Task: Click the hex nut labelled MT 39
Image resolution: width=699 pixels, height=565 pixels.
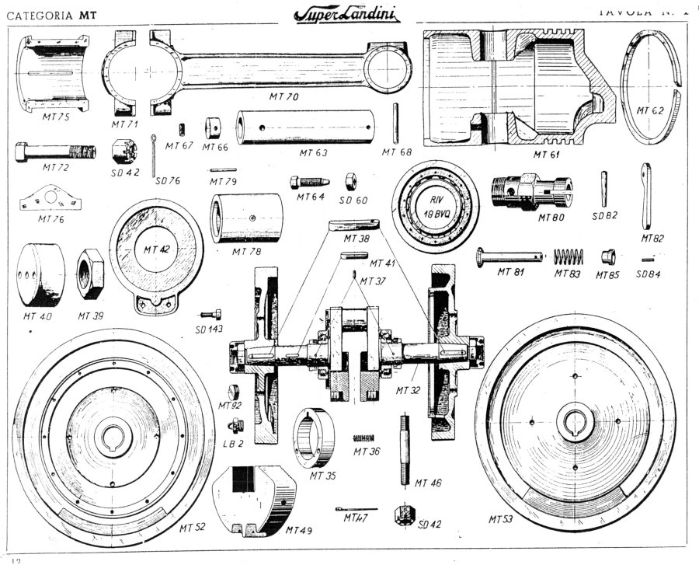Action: [90, 274]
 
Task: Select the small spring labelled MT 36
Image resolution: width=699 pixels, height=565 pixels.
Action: [365, 438]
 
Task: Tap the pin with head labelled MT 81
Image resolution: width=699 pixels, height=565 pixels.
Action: [509, 254]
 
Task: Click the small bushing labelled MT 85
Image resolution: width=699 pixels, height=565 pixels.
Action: [608, 256]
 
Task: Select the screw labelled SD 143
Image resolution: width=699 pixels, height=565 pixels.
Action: [210, 315]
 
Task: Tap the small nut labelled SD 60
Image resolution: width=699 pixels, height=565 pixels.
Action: [350, 180]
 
